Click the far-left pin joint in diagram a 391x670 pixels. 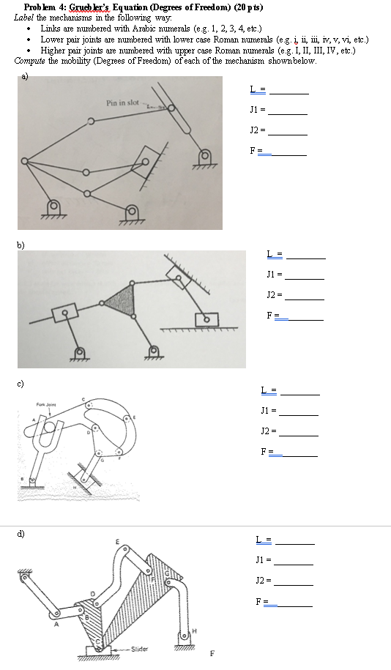25,161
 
